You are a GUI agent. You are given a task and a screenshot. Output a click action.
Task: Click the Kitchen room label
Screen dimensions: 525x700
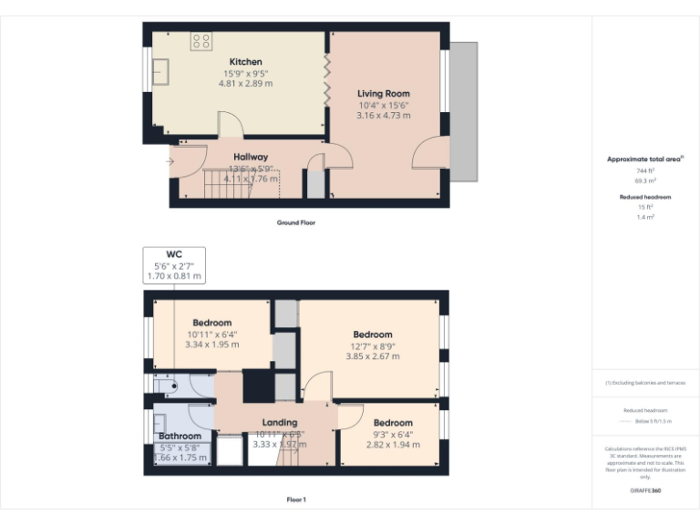[245, 62]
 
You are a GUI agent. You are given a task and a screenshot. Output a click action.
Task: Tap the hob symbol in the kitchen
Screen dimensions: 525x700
[201, 41]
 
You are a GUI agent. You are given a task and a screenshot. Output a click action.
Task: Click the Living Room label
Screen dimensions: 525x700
[383, 93]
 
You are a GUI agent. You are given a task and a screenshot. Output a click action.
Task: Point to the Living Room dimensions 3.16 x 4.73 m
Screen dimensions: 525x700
[383, 116]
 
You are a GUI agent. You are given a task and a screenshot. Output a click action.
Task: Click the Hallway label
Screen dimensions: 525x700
[250, 157]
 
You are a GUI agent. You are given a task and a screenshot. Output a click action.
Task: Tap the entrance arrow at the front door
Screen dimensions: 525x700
[170, 162]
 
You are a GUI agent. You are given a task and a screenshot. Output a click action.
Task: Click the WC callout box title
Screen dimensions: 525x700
[174, 254]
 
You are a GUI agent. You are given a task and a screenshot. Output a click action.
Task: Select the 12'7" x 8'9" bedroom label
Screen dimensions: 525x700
[373, 335]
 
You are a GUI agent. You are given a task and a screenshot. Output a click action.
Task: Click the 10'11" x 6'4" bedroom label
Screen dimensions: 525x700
[211, 323]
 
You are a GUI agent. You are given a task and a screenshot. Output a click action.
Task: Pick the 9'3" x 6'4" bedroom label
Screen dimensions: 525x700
[392, 423]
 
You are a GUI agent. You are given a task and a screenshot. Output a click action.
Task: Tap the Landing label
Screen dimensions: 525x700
[280, 423]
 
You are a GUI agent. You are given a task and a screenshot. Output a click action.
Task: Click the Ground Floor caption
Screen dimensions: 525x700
[296, 222]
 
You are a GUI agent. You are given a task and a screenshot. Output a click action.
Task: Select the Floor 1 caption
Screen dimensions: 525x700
[296, 499]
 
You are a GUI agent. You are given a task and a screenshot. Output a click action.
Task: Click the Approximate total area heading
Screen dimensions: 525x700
[645, 160]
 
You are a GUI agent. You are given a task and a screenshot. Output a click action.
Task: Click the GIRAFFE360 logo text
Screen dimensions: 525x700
[645, 491]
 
